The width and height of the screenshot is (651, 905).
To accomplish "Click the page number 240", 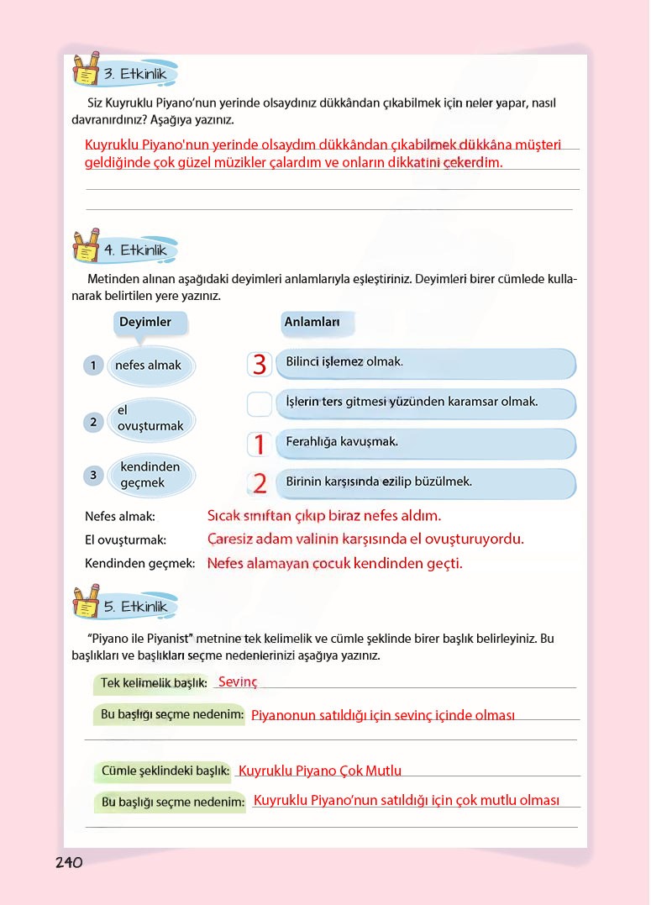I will tap(69, 862).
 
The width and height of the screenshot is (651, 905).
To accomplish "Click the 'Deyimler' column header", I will tap(145, 323).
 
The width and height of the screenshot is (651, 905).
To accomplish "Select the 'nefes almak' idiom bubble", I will tap(149, 366).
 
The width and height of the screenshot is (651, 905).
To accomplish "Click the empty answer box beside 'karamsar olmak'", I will tap(260, 404).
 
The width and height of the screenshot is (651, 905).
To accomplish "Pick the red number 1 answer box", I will tap(260, 444).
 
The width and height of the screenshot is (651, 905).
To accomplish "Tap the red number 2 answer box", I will tap(260, 483).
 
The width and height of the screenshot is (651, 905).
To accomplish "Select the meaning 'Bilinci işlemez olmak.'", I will tap(344, 362).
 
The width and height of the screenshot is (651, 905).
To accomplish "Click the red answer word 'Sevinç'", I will tap(238, 682).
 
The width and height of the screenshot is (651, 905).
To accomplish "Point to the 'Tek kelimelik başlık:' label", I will tap(154, 684).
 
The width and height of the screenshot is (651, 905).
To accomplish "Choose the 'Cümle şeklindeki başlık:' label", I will tap(165, 771).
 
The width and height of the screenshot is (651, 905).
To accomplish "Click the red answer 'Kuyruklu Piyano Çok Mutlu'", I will tap(320, 771).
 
